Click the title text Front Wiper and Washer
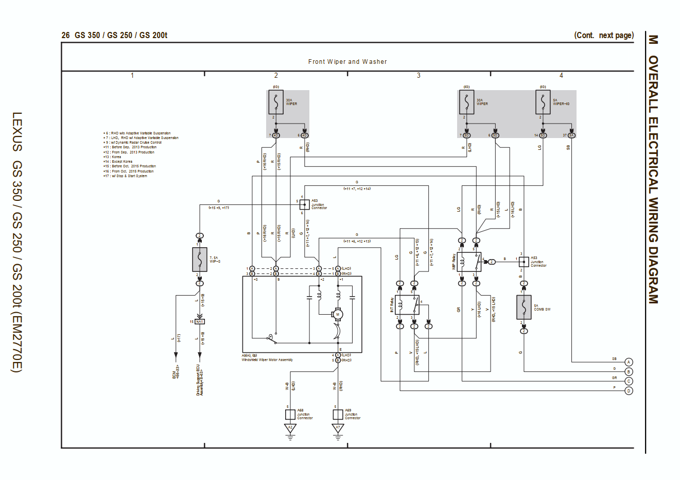pos(347,62)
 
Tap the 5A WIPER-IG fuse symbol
pos(543,102)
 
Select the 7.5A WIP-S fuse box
pos(200,260)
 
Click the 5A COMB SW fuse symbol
pos(524,307)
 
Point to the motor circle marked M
pos(338,314)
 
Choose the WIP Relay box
pos(468,262)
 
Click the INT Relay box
pos(407,305)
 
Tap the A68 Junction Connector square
pos(290,414)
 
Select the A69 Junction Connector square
pos(338,414)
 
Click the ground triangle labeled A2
pos(290,428)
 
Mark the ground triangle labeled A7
pos(338,428)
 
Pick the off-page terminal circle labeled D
pos(629,391)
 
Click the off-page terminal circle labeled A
pos(629,362)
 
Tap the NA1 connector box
pos(200,321)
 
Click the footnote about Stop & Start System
pos(125,176)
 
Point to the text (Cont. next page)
pos(604,35)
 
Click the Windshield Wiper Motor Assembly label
pos(267,360)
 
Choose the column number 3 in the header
pos(419,76)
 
